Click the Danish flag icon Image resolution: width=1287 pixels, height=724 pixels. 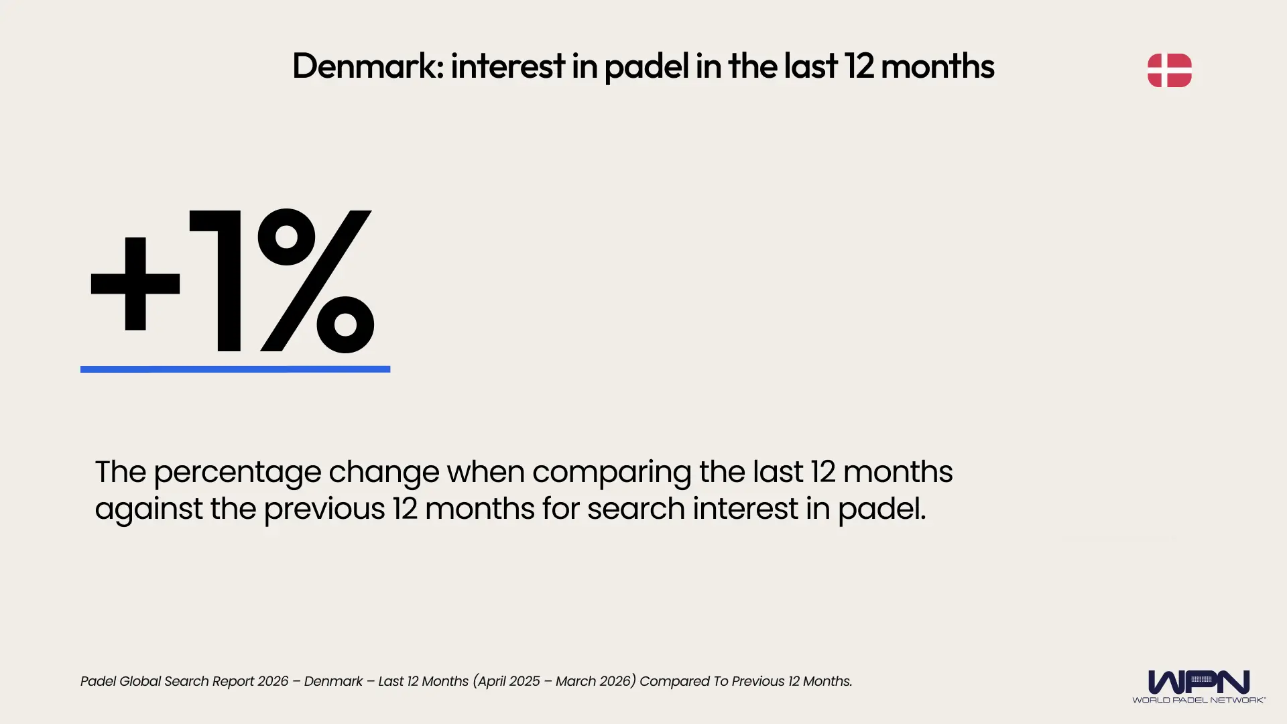1169,70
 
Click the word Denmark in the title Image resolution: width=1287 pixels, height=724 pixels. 367,66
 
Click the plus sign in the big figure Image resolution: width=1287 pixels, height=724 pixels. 135,284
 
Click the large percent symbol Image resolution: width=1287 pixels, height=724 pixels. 315,281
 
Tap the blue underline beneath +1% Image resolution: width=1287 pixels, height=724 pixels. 235,369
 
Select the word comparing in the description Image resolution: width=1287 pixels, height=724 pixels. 611,473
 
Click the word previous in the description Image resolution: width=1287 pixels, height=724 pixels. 324,509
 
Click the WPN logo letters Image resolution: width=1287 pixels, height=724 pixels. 1199,682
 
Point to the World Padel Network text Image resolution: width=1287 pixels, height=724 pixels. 1199,700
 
